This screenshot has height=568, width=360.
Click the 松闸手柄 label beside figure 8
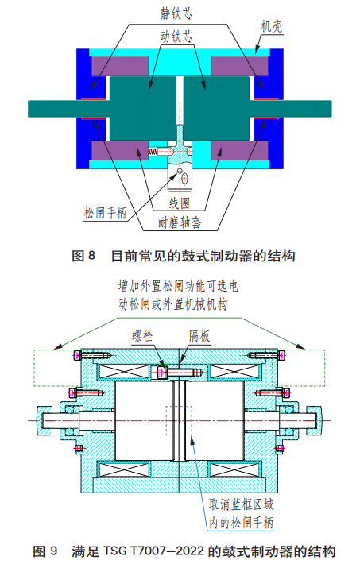106,214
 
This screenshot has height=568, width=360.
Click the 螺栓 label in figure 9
144,336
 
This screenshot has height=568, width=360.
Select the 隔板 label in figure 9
199,336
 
